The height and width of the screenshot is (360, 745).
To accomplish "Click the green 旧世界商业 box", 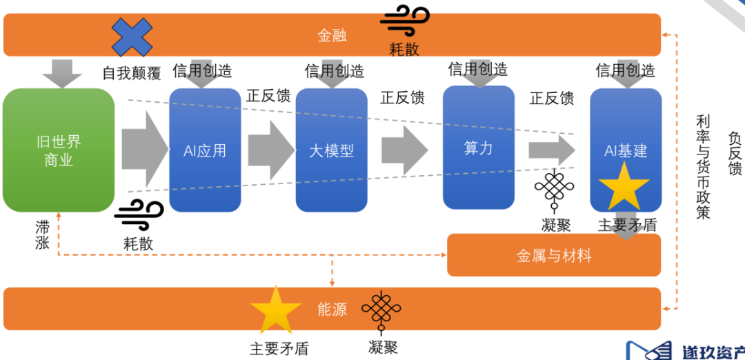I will click(x=58, y=150).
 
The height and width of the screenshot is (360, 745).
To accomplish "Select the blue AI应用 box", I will click(x=205, y=150).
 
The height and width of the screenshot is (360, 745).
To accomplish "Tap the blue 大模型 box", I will click(x=331, y=150).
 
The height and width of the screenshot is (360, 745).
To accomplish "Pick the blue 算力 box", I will click(x=478, y=147).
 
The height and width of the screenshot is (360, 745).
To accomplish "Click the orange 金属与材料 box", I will click(x=554, y=255).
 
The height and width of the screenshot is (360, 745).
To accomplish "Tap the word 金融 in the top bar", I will click(x=332, y=35).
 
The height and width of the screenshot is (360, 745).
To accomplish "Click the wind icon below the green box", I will click(x=139, y=215).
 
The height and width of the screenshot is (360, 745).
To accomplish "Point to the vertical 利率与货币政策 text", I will click(x=702, y=166).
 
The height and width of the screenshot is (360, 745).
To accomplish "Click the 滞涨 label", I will click(x=43, y=234).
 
